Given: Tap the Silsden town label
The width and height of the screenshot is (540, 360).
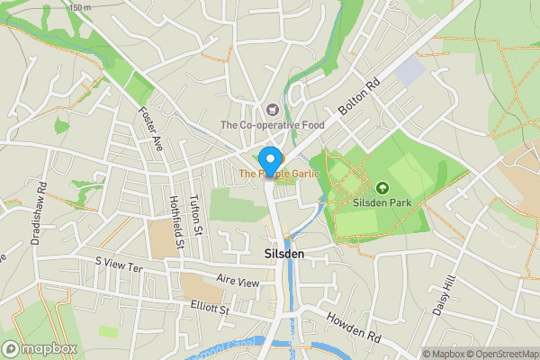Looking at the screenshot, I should click(284, 255).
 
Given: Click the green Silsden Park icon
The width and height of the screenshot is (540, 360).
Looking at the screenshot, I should click(382, 188).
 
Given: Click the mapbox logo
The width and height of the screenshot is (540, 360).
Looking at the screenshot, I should click(40, 348).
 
